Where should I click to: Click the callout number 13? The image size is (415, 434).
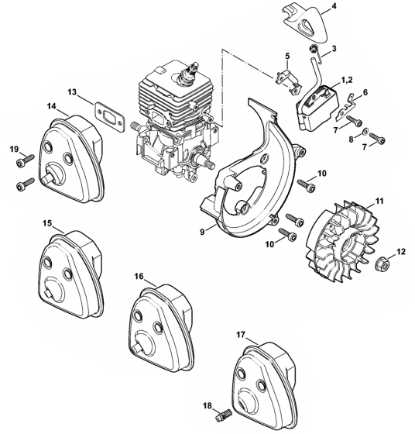point(72,92)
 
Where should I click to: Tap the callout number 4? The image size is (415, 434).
point(334,6)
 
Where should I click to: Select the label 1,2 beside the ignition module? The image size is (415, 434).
point(347,81)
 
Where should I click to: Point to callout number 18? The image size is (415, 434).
point(207,406)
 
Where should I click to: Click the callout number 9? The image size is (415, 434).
point(202,232)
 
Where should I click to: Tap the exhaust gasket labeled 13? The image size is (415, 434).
point(110,116)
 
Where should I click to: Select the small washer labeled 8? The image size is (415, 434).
point(364,131)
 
